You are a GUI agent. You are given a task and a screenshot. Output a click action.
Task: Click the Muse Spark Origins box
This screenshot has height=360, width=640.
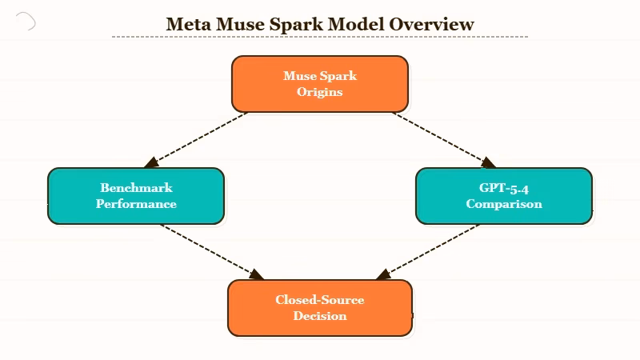[x=320, y=83]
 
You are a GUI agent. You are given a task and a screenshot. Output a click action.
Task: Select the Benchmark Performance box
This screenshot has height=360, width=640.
[x=136, y=195]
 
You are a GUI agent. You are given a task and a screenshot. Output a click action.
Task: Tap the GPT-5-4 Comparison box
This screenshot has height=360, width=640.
[x=504, y=195]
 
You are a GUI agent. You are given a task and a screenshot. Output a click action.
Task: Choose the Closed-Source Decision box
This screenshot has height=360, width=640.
[x=320, y=307]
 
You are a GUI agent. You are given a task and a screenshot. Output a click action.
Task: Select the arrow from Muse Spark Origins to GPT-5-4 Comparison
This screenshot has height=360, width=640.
[x=442, y=140]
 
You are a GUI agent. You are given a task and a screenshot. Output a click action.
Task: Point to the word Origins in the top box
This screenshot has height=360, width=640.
[x=320, y=91]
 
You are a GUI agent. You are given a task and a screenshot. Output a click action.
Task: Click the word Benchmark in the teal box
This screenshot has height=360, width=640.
[x=136, y=188]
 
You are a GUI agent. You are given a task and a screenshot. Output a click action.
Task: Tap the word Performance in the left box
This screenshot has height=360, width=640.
[x=136, y=203]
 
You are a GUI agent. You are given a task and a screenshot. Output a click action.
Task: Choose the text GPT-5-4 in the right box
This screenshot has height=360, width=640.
[x=504, y=188]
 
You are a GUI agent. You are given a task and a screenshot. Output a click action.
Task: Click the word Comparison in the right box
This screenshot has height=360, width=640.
[x=504, y=203]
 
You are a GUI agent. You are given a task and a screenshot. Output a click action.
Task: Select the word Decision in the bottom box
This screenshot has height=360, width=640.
[x=320, y=315]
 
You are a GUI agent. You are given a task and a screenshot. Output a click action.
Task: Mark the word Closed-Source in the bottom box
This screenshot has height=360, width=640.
[x=320, y=300]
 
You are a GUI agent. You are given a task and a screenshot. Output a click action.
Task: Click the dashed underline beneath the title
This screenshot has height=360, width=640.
[x=320, y=37]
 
